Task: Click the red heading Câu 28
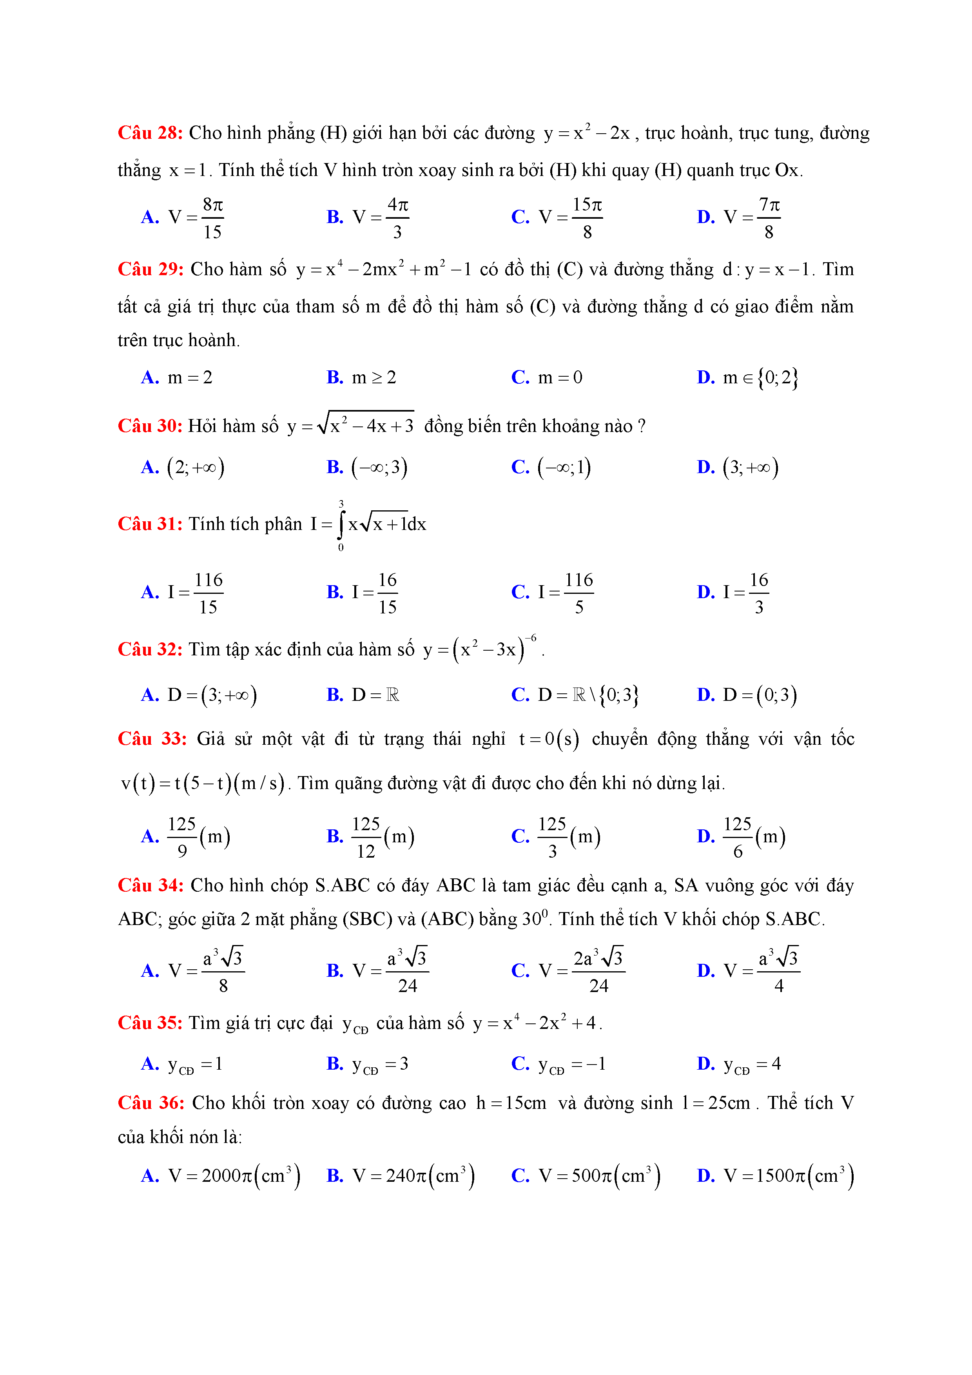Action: pos(150,133)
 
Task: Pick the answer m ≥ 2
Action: pos(374,378)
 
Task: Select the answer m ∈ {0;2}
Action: pos(760,378)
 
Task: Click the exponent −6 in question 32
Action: pos(531,638)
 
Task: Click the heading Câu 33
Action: pos(152,739)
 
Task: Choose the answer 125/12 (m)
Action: pos(383,836)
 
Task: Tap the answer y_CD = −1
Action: pos(572,1064)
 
